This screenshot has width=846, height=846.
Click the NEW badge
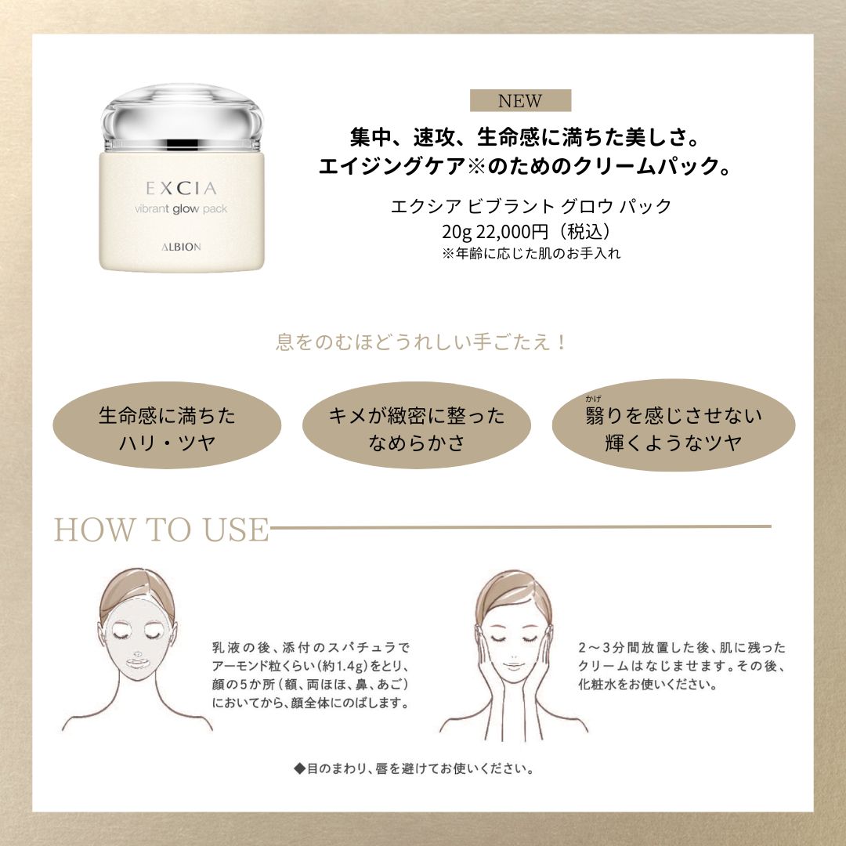pyautogui.click(x=520, y=100)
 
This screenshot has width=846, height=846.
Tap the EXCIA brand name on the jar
pyautogui.click(x=181, y=188)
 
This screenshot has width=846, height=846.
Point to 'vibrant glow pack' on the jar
pyautogui.click(x=181, y=209)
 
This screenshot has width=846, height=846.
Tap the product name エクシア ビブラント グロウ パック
pyautogui.click(x=530, y=207)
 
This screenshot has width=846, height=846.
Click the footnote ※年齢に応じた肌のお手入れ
pyautogui.click(x=531, y=254)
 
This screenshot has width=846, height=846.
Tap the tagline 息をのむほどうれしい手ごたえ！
pyautogui.click(x=421, y=342)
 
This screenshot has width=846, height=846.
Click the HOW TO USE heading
pyautogui.click(x=161, y=530)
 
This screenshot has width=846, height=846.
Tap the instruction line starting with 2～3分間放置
pyautogui.click(x=681, y=649)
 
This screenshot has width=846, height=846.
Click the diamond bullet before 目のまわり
pyautogui.click(x=298, y=768)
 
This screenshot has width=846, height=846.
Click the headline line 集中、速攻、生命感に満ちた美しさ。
pyautogui.click(x=523, y=138)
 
